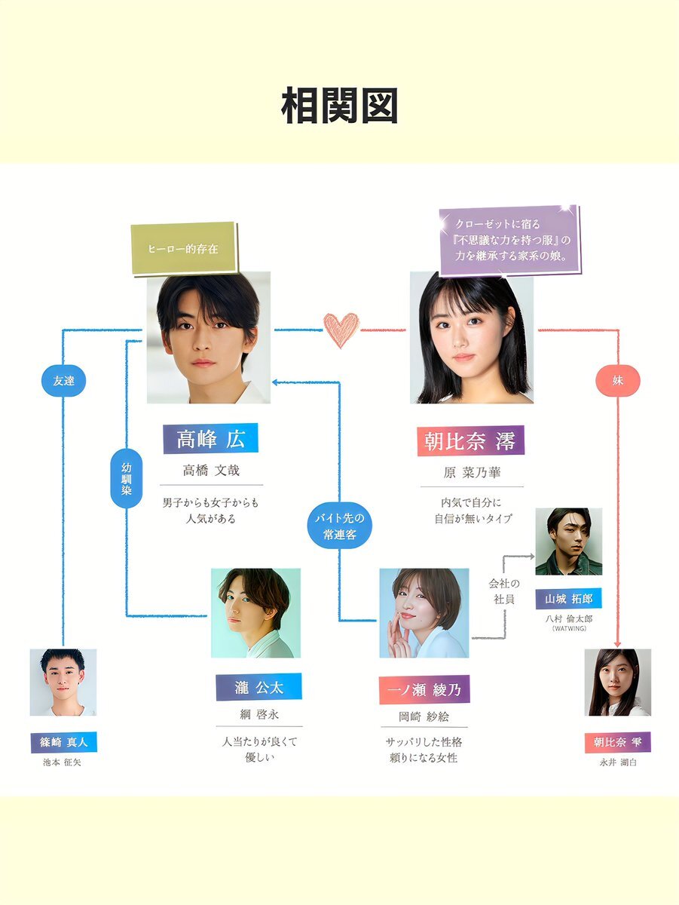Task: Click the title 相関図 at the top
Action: (x=339, y=106)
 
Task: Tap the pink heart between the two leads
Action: (x=341, y=330)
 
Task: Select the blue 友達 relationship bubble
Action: (x=63, y=381)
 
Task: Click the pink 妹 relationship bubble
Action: (x=618, y=381)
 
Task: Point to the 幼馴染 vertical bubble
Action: (x=126, y=479)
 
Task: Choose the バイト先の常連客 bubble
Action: (x=339, y=526)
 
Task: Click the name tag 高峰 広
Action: (x=210, y=438)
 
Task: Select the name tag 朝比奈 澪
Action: (x=470, y=441)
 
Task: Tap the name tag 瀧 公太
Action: (x=258, y=687)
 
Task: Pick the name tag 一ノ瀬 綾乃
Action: (x=424, y=689)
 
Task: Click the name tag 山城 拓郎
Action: (x=569, y=600)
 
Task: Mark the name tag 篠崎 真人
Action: (x=63, y=742)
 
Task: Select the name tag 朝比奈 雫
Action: (x=617, y=742)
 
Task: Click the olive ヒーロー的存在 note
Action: (x=184, y=247)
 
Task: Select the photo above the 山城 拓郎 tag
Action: (x=569, y=541)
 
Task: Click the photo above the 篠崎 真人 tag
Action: (x=63, y=683)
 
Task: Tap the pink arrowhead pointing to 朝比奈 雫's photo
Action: (x=618, y=643)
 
